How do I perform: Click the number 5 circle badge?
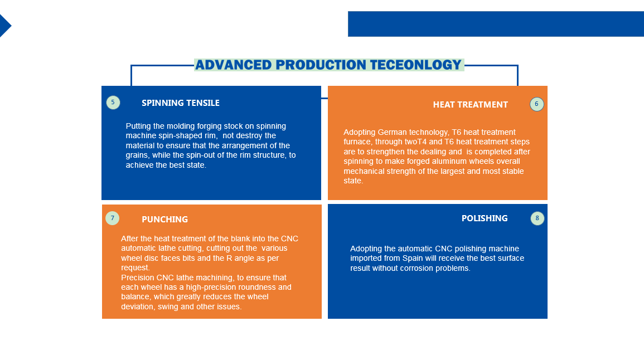(x=113, y=102)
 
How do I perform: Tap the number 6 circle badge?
(x=536, y=104)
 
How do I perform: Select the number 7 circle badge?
(x=113, y=218)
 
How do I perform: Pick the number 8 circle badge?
(x=537, y=218)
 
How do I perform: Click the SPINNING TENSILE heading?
(x=180, y=103)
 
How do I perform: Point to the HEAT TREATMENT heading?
(x=470, y=105)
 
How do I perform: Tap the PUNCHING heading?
(x=164, y=219)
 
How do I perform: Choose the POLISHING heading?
(x=485, y=218)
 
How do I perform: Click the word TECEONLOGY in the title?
(x=415, y=65)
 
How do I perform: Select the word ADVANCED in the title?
(x=233, y=65)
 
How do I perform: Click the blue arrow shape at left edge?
(x=5, y=26)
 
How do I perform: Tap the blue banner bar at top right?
(x=496, y=24)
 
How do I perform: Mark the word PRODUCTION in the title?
(x=321, y=65)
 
